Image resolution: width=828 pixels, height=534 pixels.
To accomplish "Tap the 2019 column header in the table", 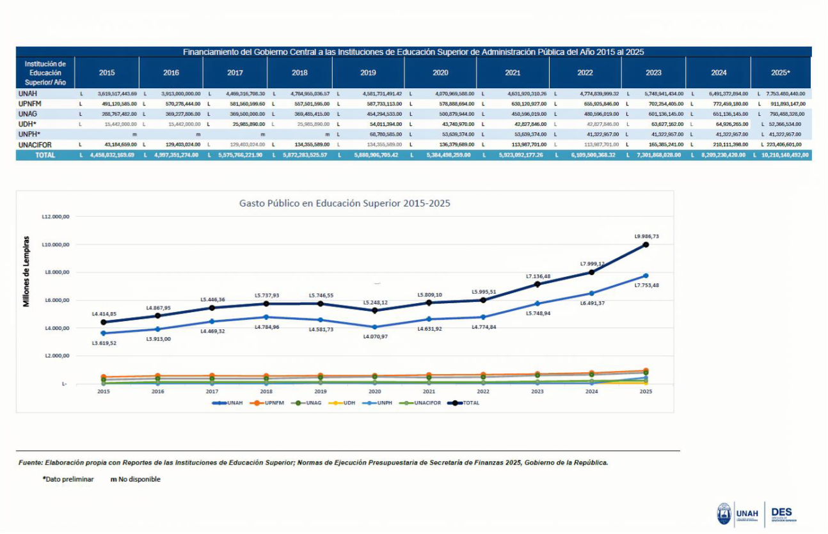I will (x=368, y=72).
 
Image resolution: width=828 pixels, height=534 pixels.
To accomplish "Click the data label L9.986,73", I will (x=646, y=236).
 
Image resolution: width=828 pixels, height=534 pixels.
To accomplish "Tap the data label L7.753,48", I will (x=646, y=285).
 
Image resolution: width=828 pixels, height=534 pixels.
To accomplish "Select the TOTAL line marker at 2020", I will (x=375, y=310).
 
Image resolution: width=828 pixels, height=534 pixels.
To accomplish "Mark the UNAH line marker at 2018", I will (x=266, y=317).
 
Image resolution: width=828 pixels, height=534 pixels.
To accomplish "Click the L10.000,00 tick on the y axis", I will (x=56, y=244).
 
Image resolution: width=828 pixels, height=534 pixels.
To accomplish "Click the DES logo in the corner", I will (x=782, y=514).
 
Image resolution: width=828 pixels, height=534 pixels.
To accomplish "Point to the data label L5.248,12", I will (x=375, y=302).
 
